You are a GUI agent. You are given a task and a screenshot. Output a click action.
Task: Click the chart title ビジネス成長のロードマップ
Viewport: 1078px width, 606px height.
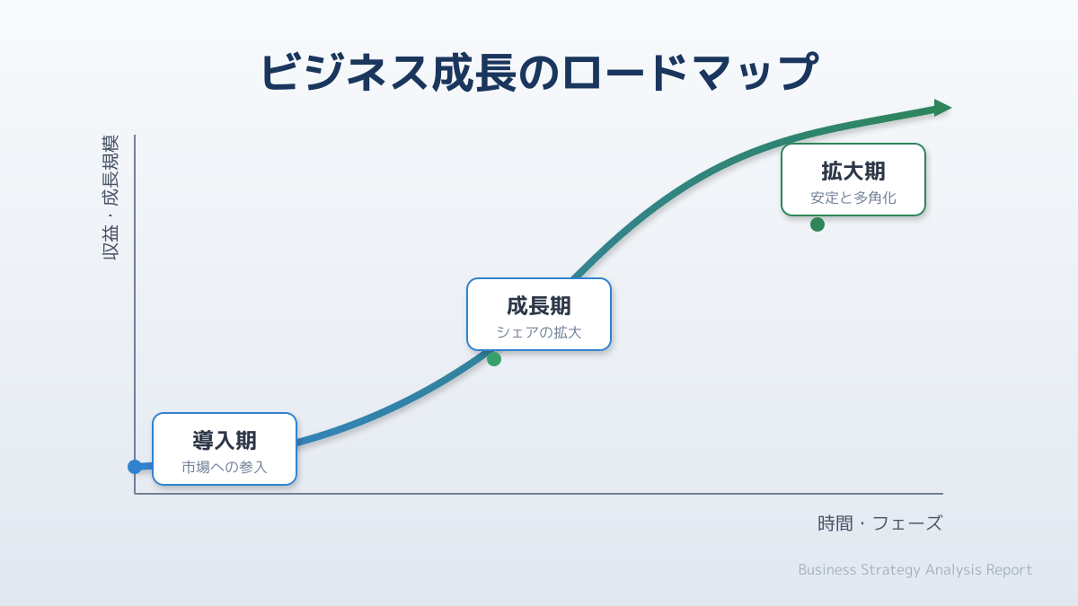(x=539, y=73)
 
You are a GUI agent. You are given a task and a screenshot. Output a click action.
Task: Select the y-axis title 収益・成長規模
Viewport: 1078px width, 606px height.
(x=110, y=198)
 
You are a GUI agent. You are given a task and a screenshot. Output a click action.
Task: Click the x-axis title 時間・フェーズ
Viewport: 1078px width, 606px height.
(x=879, y=523)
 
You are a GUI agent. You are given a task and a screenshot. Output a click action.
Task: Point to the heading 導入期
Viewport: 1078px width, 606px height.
(x=225, y=440)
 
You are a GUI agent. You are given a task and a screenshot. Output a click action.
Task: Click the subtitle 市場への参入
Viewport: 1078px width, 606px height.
(x=225, y=467)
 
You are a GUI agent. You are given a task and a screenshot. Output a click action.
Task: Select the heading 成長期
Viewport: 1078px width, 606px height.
(x=539, y=305)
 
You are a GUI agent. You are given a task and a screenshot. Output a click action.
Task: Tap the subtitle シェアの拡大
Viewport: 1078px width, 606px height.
(x=539, y=332)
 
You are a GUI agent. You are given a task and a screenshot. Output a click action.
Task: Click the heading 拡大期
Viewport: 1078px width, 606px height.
(x=853, y=171)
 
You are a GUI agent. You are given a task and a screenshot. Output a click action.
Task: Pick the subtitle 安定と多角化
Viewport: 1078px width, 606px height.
(x=853, y=198)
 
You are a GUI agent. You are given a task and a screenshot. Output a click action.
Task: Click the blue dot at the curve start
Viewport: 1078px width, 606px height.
(x=135, y=467)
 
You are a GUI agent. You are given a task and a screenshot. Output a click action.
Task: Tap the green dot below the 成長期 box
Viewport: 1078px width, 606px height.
(x=494, y=359)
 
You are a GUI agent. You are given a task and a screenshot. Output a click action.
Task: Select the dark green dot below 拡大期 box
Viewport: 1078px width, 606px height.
(x=817, y=224)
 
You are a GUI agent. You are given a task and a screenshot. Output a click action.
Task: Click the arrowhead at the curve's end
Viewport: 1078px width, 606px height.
(x=942, y=108)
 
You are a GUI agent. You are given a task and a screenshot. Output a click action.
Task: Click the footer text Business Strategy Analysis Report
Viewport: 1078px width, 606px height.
(x=915, y=570)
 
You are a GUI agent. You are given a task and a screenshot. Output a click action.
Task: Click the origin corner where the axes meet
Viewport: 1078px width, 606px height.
(x=135, y=494)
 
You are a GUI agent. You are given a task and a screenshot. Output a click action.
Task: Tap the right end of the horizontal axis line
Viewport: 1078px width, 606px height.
(x=942, y=494)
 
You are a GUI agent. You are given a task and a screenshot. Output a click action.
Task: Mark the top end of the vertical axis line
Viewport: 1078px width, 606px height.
(x=135, y=136)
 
